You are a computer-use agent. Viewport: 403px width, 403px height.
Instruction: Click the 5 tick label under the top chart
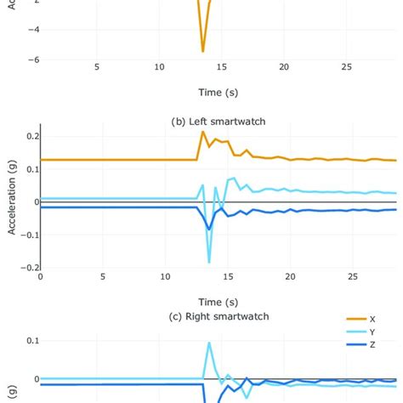coord(97,66)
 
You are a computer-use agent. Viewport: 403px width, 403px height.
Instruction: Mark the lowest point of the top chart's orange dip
coord(202,52)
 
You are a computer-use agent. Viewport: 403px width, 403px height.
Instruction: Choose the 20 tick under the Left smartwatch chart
coord(291,276)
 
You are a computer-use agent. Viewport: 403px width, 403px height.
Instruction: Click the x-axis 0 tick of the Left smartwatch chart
coord(40,276)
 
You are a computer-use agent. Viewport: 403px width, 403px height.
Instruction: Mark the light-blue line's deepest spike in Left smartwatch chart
coord(209,261)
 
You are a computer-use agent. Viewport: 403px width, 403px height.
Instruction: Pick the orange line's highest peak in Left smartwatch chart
coord(202,132)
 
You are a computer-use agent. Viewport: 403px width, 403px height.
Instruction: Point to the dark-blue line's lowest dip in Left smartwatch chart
coord(209,229)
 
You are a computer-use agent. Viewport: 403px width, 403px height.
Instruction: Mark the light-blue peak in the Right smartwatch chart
coord(209,343)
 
